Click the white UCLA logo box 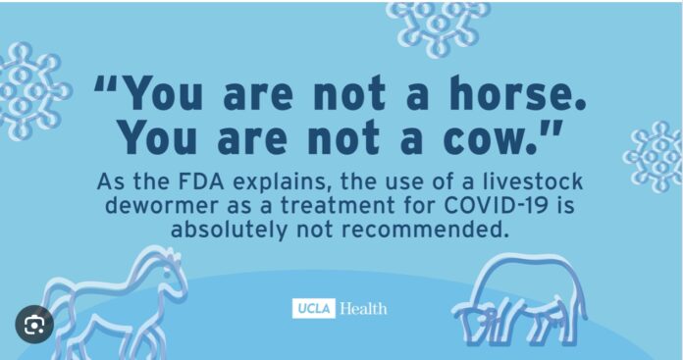tap(313, 308)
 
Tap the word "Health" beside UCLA tap(363, 308)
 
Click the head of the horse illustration tap(170, 266)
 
